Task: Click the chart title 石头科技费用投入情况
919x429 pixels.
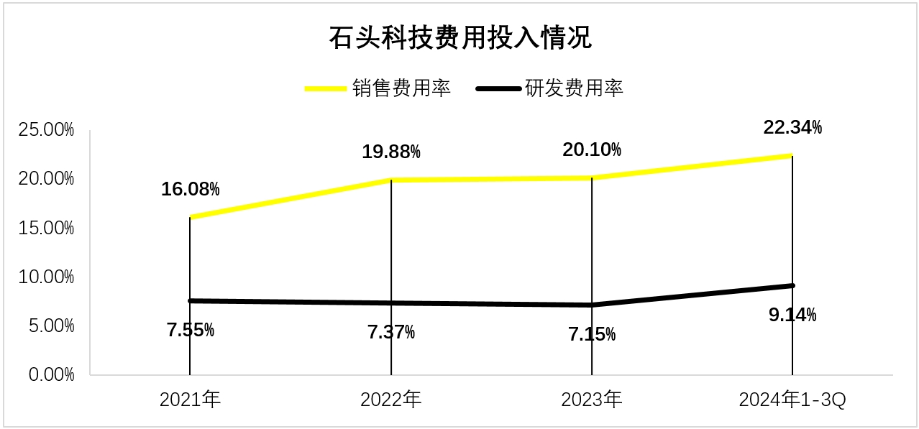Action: coord(460,38)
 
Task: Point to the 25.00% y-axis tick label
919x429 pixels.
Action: coord(47,130)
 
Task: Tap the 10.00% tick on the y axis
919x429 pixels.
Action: coord(47,277)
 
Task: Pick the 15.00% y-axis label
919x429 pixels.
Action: coord(47,228)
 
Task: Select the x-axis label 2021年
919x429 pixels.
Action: coord(190,400)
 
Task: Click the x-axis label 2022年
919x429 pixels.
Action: coord(390,400)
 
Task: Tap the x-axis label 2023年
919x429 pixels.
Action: coord(591,400)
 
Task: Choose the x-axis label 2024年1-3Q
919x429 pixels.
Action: coord(792,400)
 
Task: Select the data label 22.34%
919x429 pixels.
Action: coord(792,128)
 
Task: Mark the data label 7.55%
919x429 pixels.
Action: coord(191,331)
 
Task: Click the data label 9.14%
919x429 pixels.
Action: coord(792,315)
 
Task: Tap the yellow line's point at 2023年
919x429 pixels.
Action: coord(591,177)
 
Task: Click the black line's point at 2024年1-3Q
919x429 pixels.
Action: coord(792,285)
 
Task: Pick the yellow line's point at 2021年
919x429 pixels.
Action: coord(190,217)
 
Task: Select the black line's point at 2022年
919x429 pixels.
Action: coord(390,303)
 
